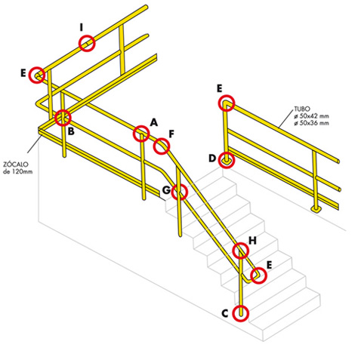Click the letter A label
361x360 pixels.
coord(153,122)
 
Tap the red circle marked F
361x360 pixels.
coord(162,146)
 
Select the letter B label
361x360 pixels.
coord(70,131)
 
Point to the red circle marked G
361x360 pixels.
coord(180,192)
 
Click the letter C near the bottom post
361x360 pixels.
coord(224,312)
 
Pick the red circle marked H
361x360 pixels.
coord(241,251)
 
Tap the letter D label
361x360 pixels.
coord(212,158)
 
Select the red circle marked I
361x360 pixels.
coord(88,43)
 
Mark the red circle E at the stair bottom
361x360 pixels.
coord(259,275)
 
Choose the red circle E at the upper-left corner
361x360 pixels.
coord(38,75)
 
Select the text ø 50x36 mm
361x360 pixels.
coord(313,123)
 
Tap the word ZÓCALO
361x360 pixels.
coord(16,164)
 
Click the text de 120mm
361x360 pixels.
coord(17,171)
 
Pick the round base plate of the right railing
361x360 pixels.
coord(318,208)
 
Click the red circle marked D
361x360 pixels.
coord(226,159)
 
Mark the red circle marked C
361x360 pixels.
coord(242,312)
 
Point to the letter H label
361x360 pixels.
coord(253,241)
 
